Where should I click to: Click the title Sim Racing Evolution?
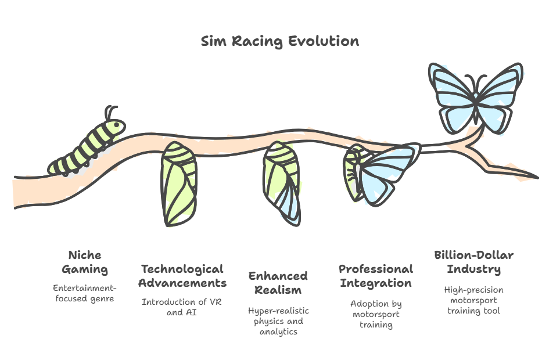(x=280, y=41)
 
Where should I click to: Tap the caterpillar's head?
(x=117, y=127)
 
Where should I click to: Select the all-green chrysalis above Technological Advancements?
(x=179, y=184)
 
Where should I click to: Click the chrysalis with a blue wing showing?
(x=282, y=183)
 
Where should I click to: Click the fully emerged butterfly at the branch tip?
(x=476, y=98)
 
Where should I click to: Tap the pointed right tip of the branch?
(x=538, y=177)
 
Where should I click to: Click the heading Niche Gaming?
(x=85, y=262)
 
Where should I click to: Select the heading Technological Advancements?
(x=182, y=276)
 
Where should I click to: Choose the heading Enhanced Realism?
(x=278, y=283)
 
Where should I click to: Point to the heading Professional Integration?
(x=376, y=276)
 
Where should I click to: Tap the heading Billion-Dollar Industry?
(x=474, y=262)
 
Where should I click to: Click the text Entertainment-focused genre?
(x=85, y=293)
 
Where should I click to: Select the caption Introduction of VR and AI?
(x=182, y=307)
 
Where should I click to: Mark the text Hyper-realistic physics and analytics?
(x=279, y=321)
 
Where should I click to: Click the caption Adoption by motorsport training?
(x=376, y=314)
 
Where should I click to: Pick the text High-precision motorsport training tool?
(x=474, y=300)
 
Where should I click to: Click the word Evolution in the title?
(x=324, y=41)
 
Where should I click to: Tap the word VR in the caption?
(x=216, y=302)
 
